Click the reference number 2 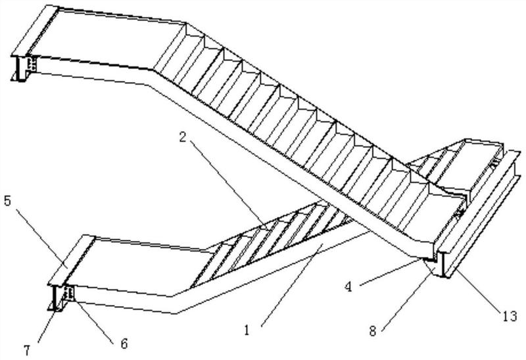[x=182, y=137]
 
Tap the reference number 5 [x=7, y=201]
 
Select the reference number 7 [x=27, y=350]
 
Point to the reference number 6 [x=124, y=343]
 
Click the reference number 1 [x=247, y=330]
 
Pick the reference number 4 [x=349, y=287]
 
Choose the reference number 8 [x=373, y=331]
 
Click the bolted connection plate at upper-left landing [x=32, y=64]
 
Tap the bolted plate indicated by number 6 [x=70, y=293]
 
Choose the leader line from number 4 [x=389, y=272]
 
